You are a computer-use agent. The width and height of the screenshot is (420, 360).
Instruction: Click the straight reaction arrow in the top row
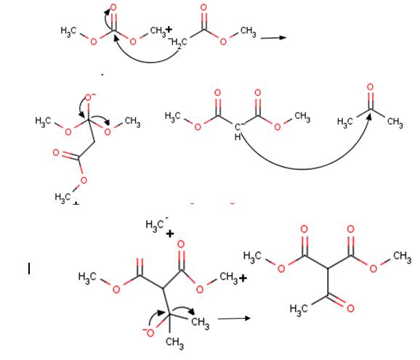pyautogui.click(x=273, y=38)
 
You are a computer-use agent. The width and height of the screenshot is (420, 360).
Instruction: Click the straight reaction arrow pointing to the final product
pyautogui.click(x=234, y=319)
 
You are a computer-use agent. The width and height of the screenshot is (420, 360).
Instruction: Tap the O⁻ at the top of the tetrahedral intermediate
pyautogui.click(x=90, y=97)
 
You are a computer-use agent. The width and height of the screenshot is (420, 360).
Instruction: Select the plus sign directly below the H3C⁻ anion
pyautogui.click(x=170, y=234)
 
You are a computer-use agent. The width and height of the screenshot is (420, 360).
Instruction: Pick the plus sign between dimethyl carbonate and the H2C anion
pyautogui.click(x=169, y=29)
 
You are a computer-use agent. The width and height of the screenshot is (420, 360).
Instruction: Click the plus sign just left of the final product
pyautogui.click(x=243, y=279)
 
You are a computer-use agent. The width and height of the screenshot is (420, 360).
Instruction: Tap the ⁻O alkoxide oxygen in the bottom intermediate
pyautogui.click(x=149, y=332)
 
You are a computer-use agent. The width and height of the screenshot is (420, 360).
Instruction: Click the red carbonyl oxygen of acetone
pyautogui.click(x=370, y=87)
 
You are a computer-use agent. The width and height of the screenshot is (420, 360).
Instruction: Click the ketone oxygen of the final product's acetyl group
pyautogui.click(x=351, y=308)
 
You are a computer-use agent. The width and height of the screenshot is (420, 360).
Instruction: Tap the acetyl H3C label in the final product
pyautogui.click(x=299, y=310)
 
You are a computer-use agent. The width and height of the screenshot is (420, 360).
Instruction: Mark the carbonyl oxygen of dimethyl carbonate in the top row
pyautogui.click(x=113, y=7)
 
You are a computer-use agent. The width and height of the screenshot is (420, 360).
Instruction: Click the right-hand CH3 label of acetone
pyautogui.click(x=395, y=123)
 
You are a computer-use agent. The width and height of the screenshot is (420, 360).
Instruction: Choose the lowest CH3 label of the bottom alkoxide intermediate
pyautogui.click(x=174, y=343)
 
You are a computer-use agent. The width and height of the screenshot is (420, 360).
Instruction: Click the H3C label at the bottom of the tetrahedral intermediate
pyautogui.click(x=63, y=198)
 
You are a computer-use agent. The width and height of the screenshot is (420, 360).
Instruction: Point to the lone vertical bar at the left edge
pyautogui.click(x=29, y=269)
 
